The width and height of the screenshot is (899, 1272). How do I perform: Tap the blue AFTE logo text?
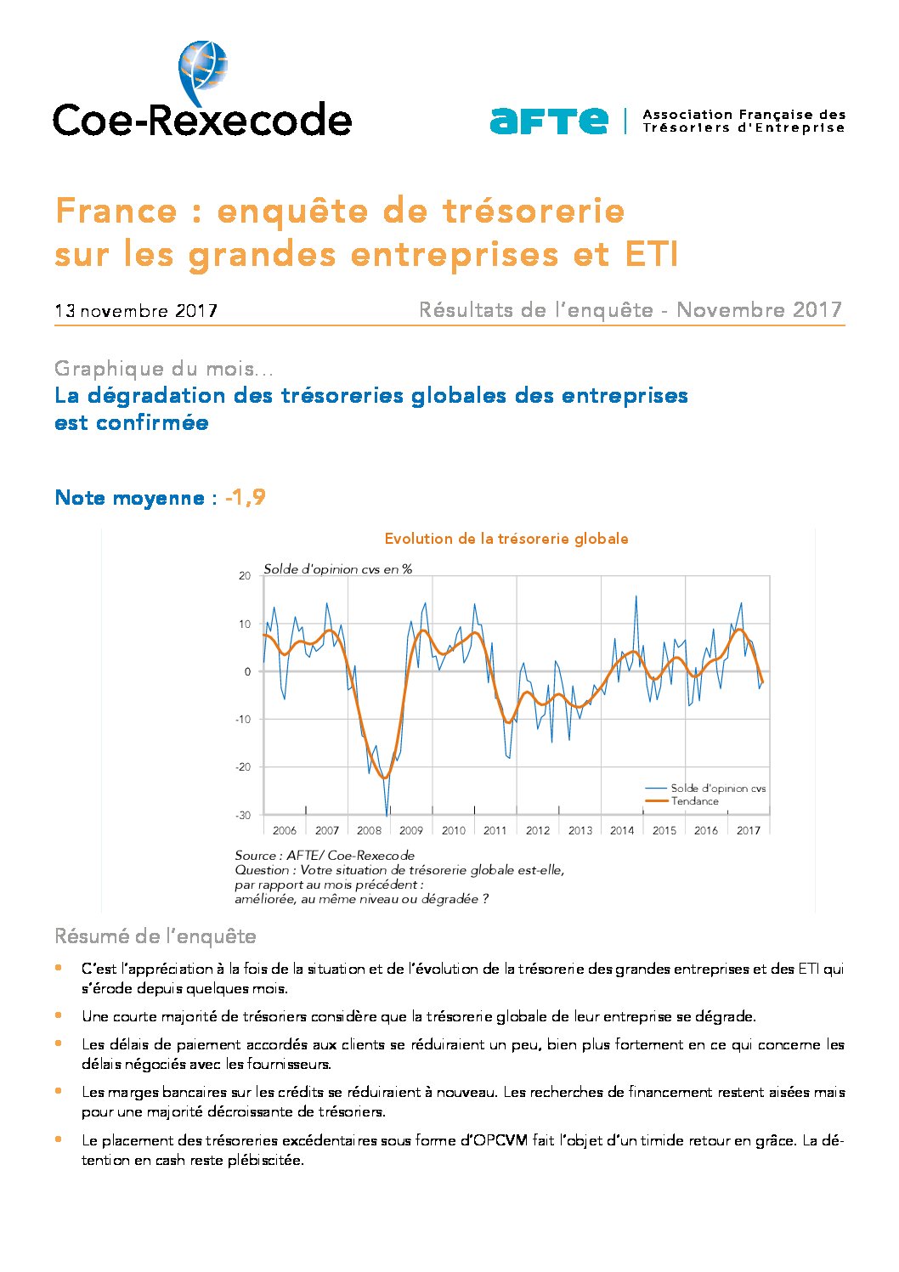click(549, 121)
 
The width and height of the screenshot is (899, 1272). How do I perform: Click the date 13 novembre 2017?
click(136, 311)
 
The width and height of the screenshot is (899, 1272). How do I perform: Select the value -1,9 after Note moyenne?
click(246, 497)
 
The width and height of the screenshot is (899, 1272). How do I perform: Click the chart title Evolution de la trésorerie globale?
click(506, 539)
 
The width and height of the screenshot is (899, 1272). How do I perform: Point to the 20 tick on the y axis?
click(244, 575)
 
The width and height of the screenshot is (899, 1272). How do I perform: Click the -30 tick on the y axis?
click(242, 815)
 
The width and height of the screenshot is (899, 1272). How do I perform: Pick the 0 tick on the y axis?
click(247, 671)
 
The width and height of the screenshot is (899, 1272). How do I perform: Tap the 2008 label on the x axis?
click(369, 830)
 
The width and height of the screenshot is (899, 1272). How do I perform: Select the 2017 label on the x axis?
click(748, 830)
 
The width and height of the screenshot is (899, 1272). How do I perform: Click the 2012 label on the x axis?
click(537, 830)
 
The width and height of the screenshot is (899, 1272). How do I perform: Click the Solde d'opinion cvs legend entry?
click(705, 788)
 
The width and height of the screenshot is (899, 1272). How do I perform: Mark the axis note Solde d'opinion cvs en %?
click(337, 569)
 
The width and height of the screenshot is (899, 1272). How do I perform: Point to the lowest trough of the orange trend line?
click(385, 777)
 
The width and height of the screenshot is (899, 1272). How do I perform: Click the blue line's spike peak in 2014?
click(636, 596)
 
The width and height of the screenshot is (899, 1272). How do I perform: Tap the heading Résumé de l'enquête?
click(155, 936)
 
